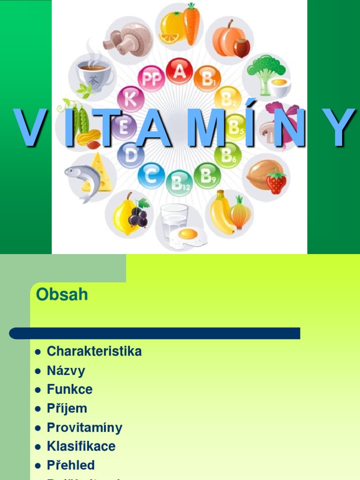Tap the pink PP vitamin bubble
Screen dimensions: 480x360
click(x=151, y=79)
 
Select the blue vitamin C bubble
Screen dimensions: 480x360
click(x=151, y=176)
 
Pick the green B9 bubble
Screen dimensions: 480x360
click(x=207, y=175)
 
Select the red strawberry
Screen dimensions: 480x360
click(x=276, y=182)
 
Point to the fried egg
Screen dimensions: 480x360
click(x=187, y=236)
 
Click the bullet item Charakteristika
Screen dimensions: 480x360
click(x=94, y=351)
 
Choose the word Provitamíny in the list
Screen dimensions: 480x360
click(x=84, y=427)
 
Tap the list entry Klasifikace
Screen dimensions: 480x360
click(x=81, y=446)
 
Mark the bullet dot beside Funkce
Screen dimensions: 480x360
click(x=38, y=390)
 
